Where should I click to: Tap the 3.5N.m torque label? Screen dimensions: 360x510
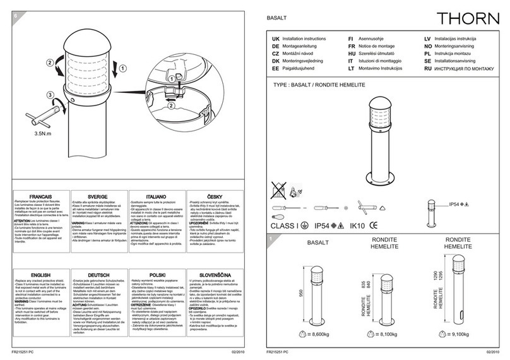click(42, 134)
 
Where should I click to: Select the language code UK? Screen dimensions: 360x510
click(275, 39)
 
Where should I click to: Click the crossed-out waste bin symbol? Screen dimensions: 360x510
click(276, 188)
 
